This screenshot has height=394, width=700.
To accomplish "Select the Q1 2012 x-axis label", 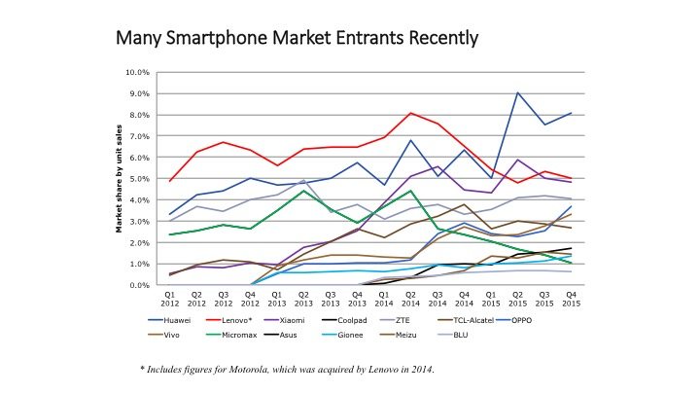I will coord(169,298).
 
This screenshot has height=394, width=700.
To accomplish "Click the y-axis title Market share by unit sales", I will coord(119,178).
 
